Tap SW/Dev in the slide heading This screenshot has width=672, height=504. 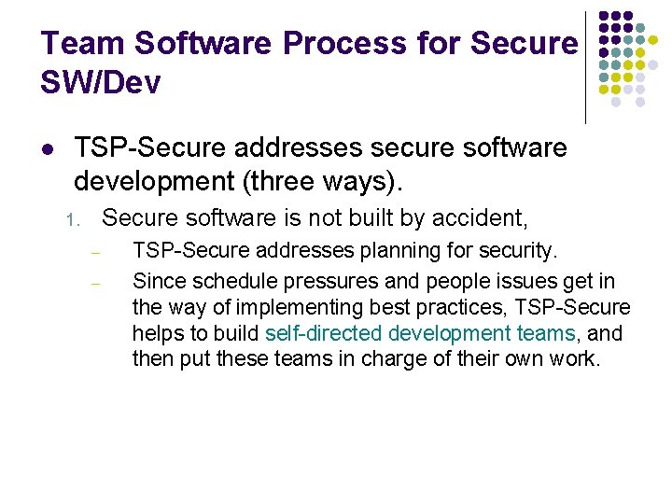click(101, 83)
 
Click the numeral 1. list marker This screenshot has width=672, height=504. click(75, 220)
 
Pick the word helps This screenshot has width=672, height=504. click(156, 333)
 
